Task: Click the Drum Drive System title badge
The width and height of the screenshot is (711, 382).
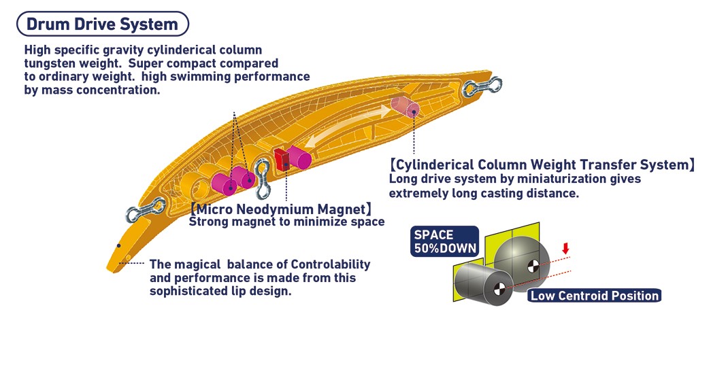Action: (102, 24)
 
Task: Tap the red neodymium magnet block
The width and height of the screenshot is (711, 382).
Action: (281, 160)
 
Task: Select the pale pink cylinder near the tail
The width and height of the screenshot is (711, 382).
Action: (406, 107)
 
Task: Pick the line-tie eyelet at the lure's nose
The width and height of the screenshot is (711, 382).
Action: (146, 210)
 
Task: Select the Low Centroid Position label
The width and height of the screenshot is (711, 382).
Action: (594, 296)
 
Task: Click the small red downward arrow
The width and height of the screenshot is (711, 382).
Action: (565, 249)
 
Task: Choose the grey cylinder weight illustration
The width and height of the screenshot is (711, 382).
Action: (480, 284)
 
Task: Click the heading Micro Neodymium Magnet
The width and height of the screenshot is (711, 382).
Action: (281, 209)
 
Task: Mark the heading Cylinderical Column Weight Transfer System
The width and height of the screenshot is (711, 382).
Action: (542, 165)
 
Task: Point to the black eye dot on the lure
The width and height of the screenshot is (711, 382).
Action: (119, 245)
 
